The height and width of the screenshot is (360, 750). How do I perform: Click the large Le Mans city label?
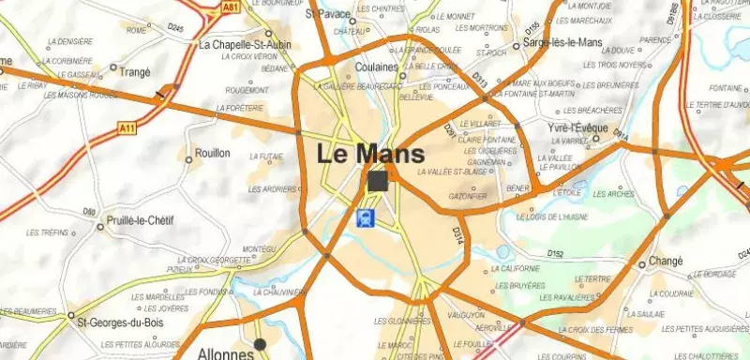click(x=370, y=153)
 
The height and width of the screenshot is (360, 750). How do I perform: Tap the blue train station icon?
click(x=366, y=217)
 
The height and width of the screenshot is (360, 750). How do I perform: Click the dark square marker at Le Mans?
click(x=379, y=181)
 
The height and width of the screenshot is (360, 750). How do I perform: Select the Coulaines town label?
click(x=378, y=67)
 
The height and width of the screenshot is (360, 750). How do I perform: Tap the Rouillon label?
click(x=213, y=153)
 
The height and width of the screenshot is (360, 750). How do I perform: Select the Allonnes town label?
click(x=225, y=354)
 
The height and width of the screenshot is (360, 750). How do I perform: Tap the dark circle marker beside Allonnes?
click(x=261, y=344)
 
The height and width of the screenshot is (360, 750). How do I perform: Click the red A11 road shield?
click(x=128, y=127)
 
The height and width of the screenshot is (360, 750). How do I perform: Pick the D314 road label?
click(x=457, y=237)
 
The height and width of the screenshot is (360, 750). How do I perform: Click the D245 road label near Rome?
click(x=175, y=29)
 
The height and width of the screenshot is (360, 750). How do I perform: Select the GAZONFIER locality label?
click(x=468, y=197)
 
